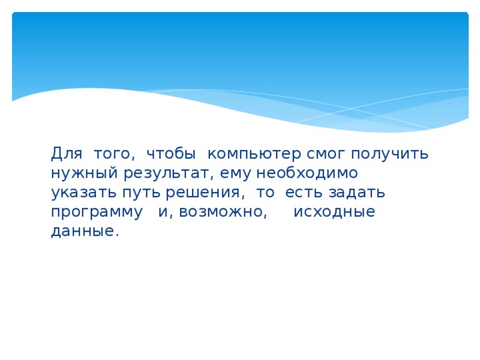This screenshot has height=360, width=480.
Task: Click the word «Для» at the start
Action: pos(66,154)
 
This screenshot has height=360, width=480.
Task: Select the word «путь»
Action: pos(137,193)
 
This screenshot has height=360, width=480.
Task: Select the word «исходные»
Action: pos(334,212)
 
